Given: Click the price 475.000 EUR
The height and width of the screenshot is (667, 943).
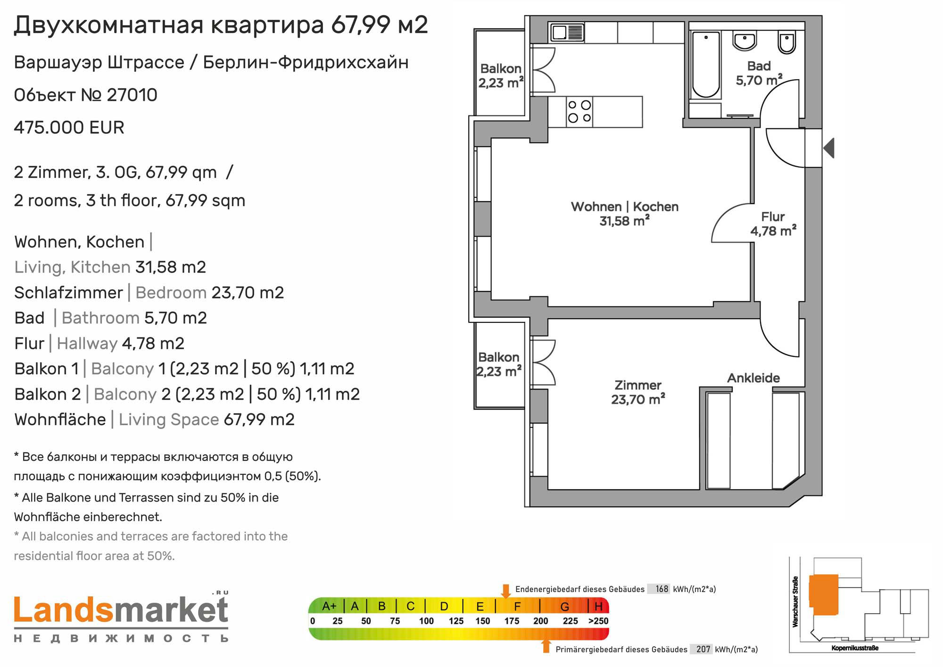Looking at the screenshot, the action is pos(69,128).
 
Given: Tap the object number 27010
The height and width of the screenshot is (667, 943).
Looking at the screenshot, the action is pos(132,95).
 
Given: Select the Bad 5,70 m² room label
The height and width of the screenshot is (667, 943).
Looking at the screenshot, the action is pos(759,73).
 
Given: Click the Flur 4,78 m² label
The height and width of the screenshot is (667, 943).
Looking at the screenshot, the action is pos(773,224).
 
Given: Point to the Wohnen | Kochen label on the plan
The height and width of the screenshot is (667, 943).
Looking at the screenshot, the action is pos(625,206).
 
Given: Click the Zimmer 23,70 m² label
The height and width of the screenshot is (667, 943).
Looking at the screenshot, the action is pos(638,392).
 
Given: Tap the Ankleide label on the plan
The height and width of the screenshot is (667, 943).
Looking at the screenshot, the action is pos(753,378).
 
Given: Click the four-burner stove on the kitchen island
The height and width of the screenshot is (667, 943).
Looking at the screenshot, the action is pos(579,112).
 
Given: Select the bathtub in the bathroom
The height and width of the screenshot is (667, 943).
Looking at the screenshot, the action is pos(706,65).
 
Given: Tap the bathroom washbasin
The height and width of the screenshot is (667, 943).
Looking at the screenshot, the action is pos(744,41).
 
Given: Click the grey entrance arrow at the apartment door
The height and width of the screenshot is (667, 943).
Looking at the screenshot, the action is pos(829,148).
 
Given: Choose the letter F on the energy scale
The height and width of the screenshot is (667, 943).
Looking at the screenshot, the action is pos(517,606).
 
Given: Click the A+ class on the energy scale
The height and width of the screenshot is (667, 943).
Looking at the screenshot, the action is pos(329,606).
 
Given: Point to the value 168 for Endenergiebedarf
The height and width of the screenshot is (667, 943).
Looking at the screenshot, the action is pos(662,589).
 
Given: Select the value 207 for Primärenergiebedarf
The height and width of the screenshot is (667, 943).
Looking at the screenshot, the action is pos(703,649).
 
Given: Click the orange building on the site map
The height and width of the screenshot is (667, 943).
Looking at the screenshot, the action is pos(824,594).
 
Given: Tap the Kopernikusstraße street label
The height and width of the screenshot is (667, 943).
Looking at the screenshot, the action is pos(855,648).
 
